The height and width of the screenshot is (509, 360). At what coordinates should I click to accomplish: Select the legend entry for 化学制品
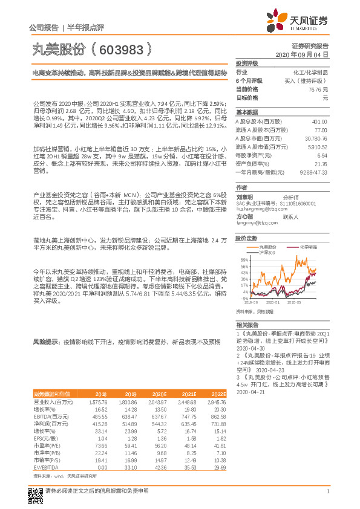coord(308,247)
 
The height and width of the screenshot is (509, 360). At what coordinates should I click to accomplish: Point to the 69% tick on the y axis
coord(244,259)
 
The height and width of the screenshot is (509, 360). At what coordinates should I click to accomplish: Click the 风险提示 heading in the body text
coord(46,342)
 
